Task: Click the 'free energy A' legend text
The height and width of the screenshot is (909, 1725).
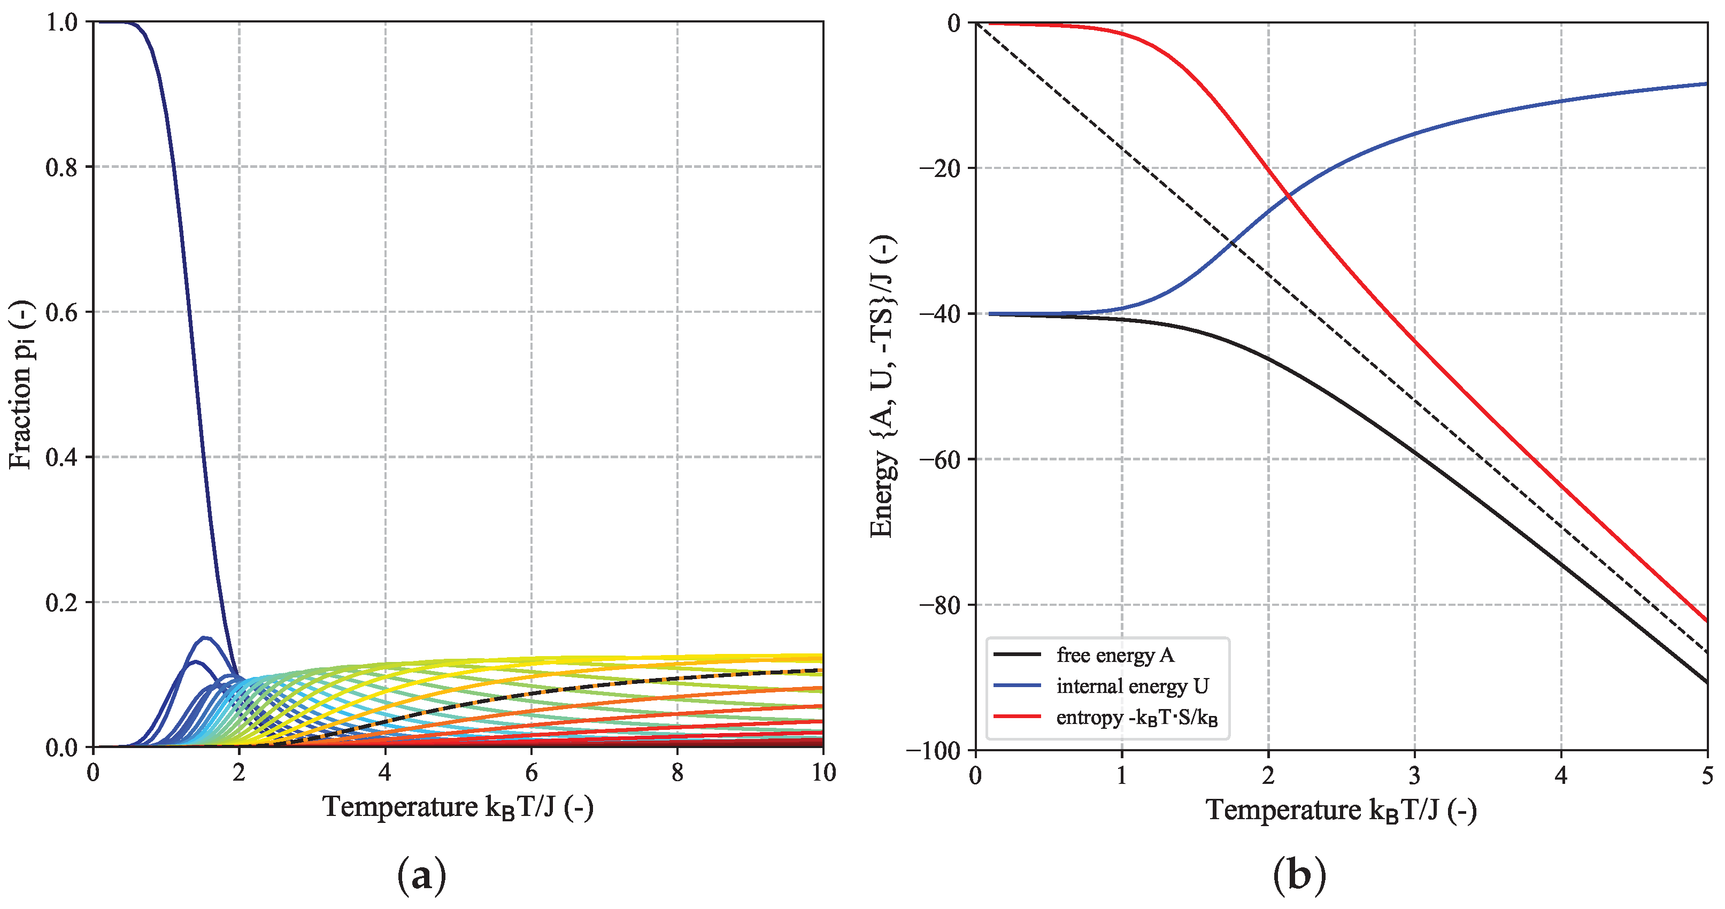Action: [x=1115, y=655]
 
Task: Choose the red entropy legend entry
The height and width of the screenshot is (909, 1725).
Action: [x=1136, y=718]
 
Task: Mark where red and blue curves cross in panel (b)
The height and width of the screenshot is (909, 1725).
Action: [x=1287, y=196]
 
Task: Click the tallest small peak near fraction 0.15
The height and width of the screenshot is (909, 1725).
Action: [x=205, y=638]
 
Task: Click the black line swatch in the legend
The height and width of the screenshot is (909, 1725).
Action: [x=1016, y=654]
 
